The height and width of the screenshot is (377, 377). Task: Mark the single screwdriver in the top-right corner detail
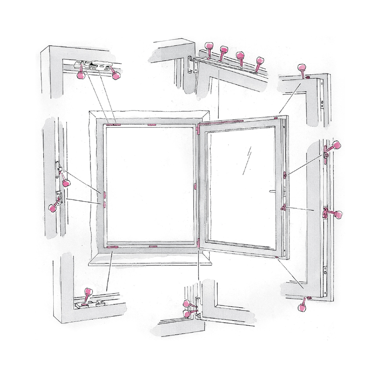(x=301, y=71)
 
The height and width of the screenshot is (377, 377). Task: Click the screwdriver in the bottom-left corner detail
(x=86, y=295)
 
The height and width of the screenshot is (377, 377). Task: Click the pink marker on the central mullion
(x=195, y=187)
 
